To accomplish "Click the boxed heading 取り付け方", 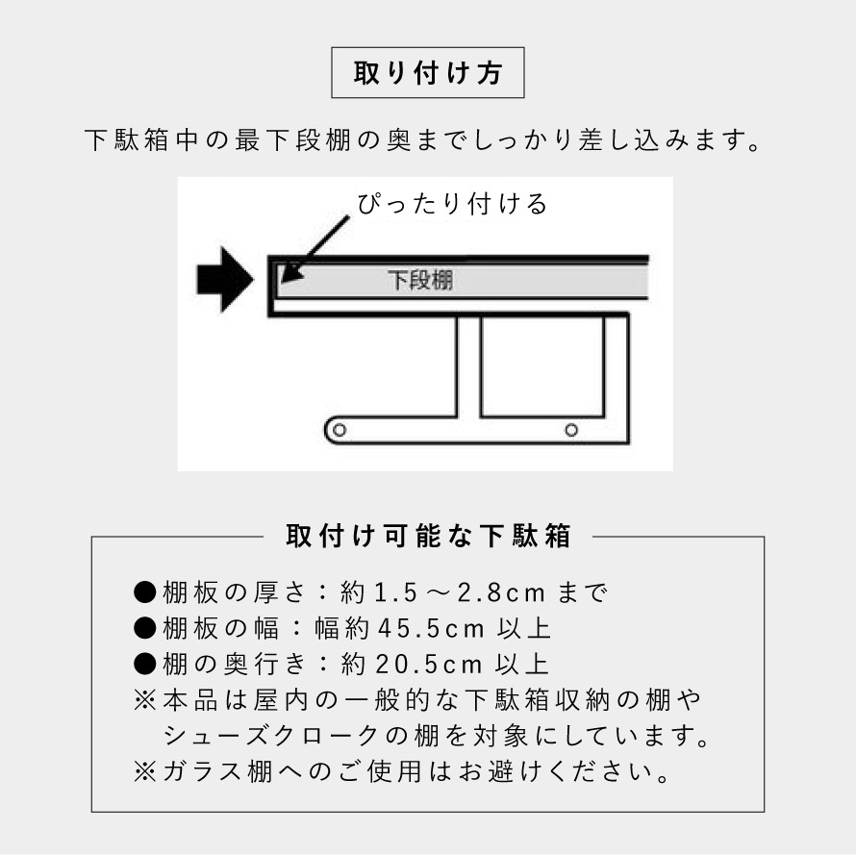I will click(428, 73).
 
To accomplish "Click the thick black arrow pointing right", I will click(223, 280).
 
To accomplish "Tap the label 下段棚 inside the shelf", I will click(420, 281).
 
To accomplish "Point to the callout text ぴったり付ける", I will click(452, 205).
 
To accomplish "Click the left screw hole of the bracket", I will click(338, 429).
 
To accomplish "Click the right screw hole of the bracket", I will click(571, 429).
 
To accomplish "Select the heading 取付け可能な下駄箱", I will click(428, 536).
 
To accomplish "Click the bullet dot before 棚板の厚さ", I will click(145, 592).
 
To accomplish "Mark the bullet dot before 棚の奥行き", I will click(145, 664).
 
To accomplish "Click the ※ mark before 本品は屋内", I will click(145, 699).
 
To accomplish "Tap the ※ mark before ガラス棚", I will click(145, 771).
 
